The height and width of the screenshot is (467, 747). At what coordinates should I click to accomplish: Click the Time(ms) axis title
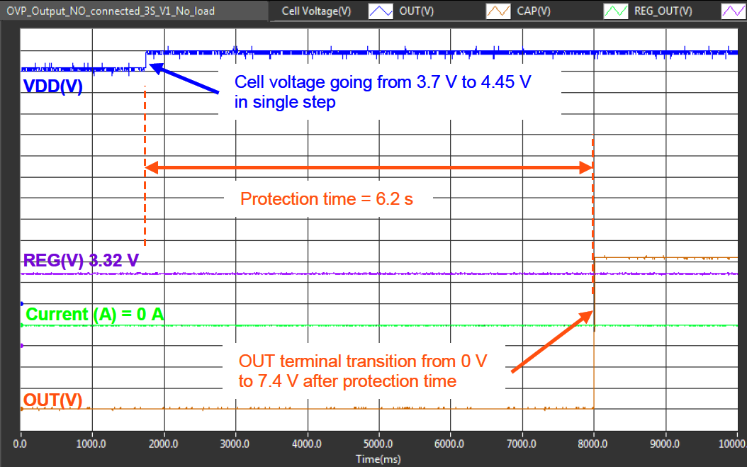pyautogui.click(x=378, y=458)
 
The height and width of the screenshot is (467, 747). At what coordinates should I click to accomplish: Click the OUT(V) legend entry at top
pyautogui.click(x=417, y=11)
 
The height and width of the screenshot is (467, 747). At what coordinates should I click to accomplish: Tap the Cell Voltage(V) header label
pyautogui.click(x=316, y=11)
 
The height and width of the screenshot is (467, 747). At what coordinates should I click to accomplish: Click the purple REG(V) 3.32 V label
pyautogui.click(x=81, y=261)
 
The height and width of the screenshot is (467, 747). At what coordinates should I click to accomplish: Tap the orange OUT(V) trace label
pyautogui.click(x=53, y=400)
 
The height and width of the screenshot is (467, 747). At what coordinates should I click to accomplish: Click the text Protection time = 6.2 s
pyautogui.click(x=327, y=199)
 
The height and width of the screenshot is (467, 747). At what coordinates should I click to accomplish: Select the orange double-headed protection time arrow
pyautogui.click(x=369, y=168)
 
